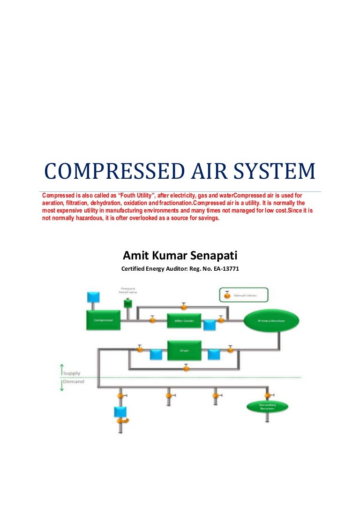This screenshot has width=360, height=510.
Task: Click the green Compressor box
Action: [x=103, y=320]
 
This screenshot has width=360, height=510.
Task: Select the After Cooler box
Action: [x=184, y=321]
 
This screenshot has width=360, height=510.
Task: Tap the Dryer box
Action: [x=184, y=350]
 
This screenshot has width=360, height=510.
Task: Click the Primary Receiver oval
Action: [x=271, y=320]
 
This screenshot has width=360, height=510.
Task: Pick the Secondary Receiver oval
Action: [x=267, y=406]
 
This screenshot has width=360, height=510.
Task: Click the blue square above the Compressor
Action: [x=93, y=297]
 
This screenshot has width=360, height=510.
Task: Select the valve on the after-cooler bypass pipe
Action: [x=184, y=307]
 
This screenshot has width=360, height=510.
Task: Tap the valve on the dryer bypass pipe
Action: [x=186, y=368]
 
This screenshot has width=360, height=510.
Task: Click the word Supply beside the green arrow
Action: [x=72, y=373]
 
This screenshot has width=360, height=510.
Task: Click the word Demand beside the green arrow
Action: [x=74, y=381]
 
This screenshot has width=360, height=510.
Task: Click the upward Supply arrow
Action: [x=61, y=369]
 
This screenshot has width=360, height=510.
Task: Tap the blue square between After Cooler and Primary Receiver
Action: [x=209, y=324]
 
